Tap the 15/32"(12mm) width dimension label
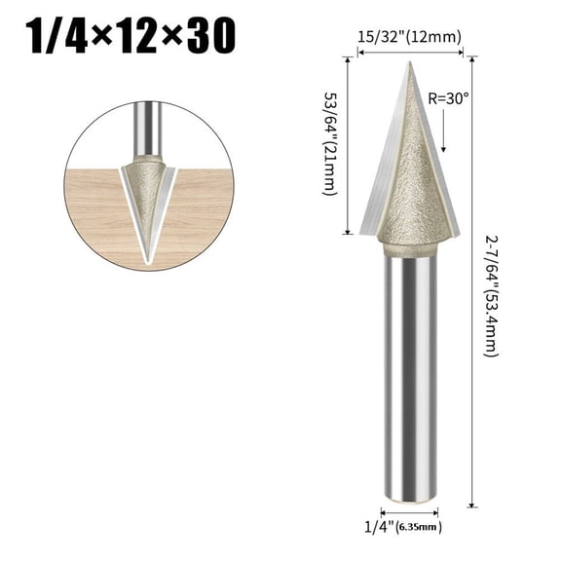click(x=409, y=37)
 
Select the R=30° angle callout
click(x=449, y=97)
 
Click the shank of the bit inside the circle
click(x=147, y=127)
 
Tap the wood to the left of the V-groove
click(x=97, y=209)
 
